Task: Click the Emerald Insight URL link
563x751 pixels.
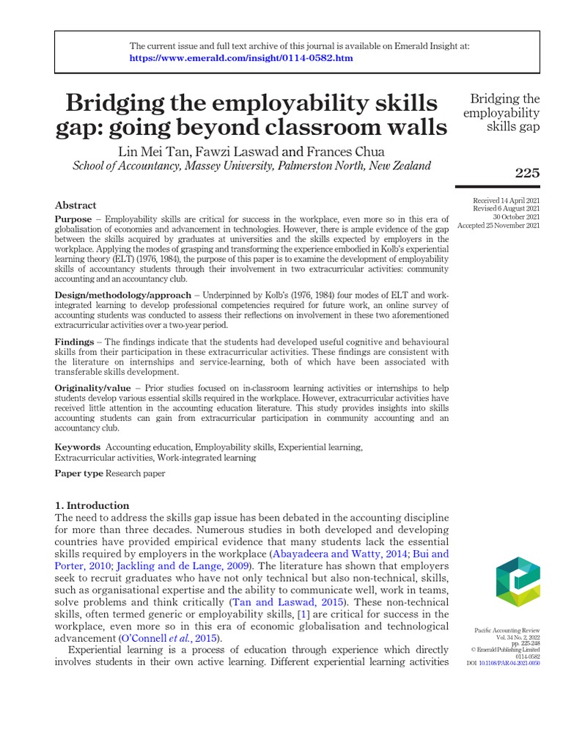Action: pyautogui.click(x=241, y=58)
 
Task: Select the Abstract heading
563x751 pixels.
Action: pyautogui.click(x=76, y=205)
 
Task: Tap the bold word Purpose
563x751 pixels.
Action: pyautogui.click(x=73, y=219)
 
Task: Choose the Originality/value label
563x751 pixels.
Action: pyautogui.click(x=92, y=387)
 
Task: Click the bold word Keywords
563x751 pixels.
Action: pyautogui.click(x=78, y=447)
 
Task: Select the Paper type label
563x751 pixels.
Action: pyautogui.click(x=79, y=473)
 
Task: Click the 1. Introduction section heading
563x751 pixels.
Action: pyautogui.click(x=92, y=505)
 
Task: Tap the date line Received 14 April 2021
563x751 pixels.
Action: pyautogui.click(x=507, y=200)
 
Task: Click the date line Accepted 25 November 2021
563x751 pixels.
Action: pyautogui.click(x=498, y=225)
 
